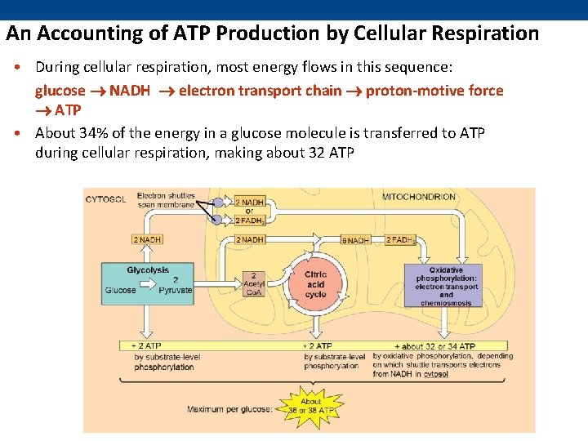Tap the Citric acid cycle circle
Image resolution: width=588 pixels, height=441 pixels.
click(x=315, y=283)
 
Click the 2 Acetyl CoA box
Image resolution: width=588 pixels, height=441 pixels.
click(x=254, y=285)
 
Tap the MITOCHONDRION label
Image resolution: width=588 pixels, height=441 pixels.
click(x=419, y=198)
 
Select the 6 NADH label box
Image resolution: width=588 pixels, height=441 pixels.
click(x=356, y=240)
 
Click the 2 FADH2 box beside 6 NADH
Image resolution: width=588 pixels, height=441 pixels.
click(x=401, y=240)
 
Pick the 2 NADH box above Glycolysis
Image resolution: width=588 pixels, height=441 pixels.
click(x=147, y=240)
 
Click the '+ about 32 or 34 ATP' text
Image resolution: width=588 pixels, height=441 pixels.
click(x=434, y=346)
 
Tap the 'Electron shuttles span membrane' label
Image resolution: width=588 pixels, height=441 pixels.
click(x=166, y=200)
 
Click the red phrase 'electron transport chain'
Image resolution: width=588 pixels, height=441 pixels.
click(x=260, y=91)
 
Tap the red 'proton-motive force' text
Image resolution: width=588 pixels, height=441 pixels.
click(x=434, y=91)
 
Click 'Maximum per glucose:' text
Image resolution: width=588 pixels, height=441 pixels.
click(x=228, y=409)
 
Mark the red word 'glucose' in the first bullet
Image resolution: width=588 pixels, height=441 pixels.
click(x=60, y=91)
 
